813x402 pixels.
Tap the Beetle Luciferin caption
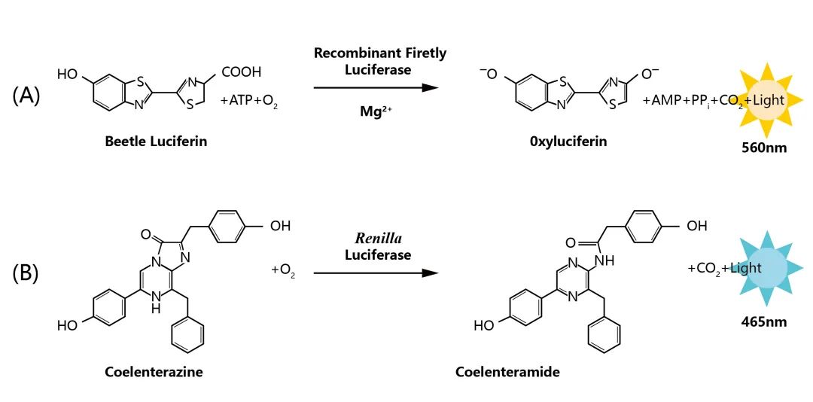(x=156, y=141)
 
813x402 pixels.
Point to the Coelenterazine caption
(x=154, y=371)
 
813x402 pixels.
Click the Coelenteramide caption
(x=507, y=371)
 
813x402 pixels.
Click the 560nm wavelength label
(x=763, y=148)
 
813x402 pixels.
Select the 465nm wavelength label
(x=763, y=321)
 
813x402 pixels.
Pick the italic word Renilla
(x=379, y=238)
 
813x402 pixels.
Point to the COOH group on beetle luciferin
(x=241, y=72)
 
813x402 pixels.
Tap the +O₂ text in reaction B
(x=283, y=270)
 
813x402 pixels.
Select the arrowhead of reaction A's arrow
(x=430, y=87)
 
